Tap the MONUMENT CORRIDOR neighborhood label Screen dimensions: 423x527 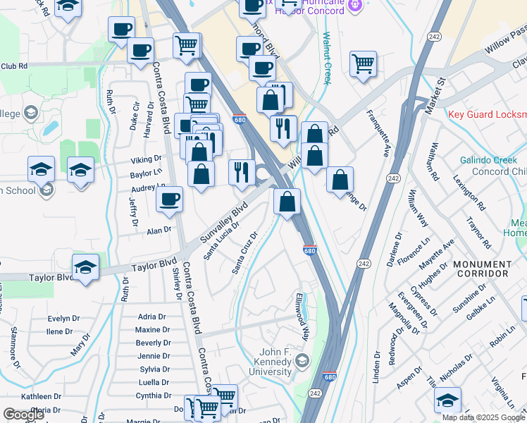coord(482,269)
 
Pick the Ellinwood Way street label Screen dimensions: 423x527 coord(303,317)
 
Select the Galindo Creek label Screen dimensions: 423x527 coord(488,160)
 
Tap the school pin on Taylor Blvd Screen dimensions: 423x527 coord(85,268)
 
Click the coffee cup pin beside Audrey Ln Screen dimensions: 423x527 coord(169,200)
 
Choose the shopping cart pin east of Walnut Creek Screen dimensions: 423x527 coord(363,64)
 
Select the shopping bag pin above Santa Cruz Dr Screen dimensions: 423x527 coord(287,202)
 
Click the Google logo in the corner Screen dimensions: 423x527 coord(23,414)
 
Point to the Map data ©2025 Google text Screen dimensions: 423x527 coord(484,417)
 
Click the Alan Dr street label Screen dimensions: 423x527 coord(159,231)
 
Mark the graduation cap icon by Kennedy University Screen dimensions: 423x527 coord(302,362)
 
